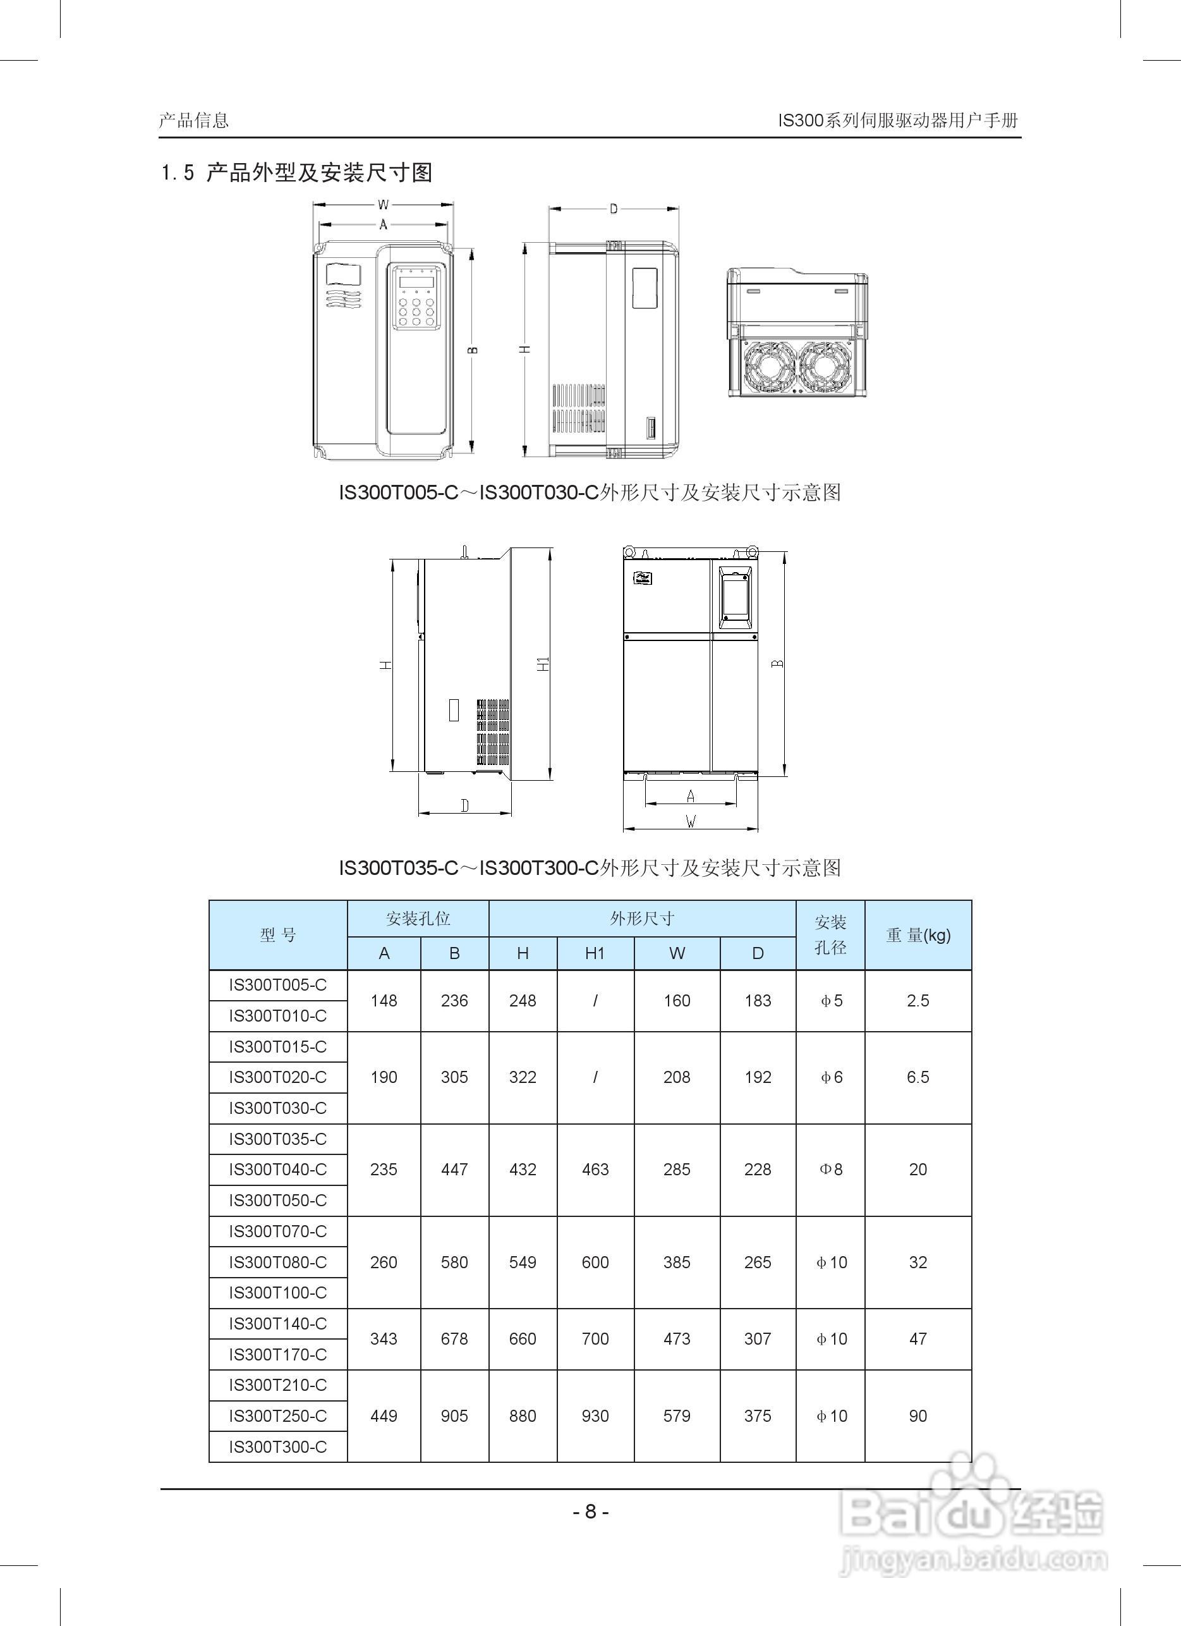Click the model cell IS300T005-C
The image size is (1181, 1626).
click(277, 985)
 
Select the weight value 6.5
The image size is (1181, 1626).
click(918, 1077)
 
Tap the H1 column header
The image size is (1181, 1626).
click(595, 953)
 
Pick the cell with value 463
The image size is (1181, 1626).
click(595, 1170)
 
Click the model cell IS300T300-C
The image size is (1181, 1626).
click(277, 1446)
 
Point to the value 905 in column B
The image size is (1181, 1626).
click(454, 1416)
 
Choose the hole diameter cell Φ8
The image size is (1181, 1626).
click(830, 1170)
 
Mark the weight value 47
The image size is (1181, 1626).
click(918, 1338)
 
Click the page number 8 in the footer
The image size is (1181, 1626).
click(590, 1512)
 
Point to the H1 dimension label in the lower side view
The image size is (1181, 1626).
click(544, 664)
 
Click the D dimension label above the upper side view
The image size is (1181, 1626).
click(614, 209)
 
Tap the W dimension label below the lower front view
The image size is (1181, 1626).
click(690, 822)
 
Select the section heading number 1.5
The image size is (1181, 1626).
click(178, 173)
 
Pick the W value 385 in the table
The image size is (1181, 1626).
click(677, 1262)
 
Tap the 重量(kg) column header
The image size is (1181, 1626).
click(918, 935)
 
